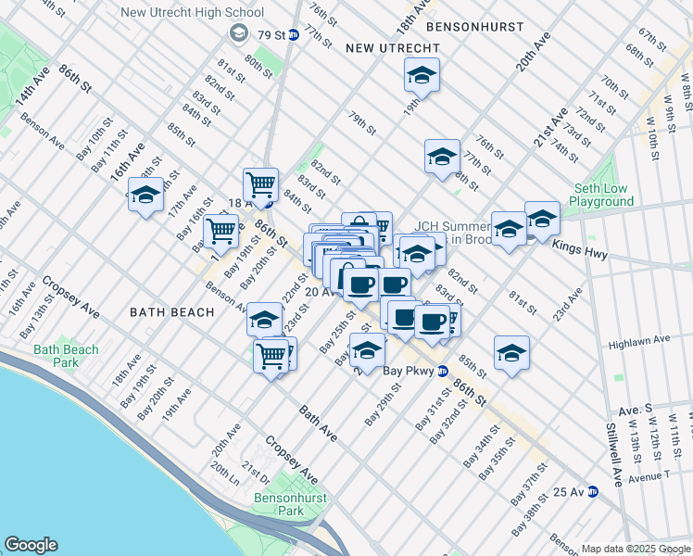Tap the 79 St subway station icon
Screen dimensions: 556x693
point(293,35)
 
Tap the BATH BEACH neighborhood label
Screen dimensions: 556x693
point(171,312)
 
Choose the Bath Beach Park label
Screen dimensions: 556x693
point(66,356)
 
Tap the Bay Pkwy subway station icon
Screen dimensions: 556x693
point(443,371)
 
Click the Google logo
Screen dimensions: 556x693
point(31,545)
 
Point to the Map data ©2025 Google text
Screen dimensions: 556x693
point(636,549)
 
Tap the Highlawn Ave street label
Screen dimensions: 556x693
point(638,341)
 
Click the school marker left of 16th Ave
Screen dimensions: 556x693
point(145,195)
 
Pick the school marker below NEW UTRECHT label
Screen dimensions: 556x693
point(422,74)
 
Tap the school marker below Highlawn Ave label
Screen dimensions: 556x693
point(511,352)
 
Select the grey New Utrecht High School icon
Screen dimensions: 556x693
point(237,33)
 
